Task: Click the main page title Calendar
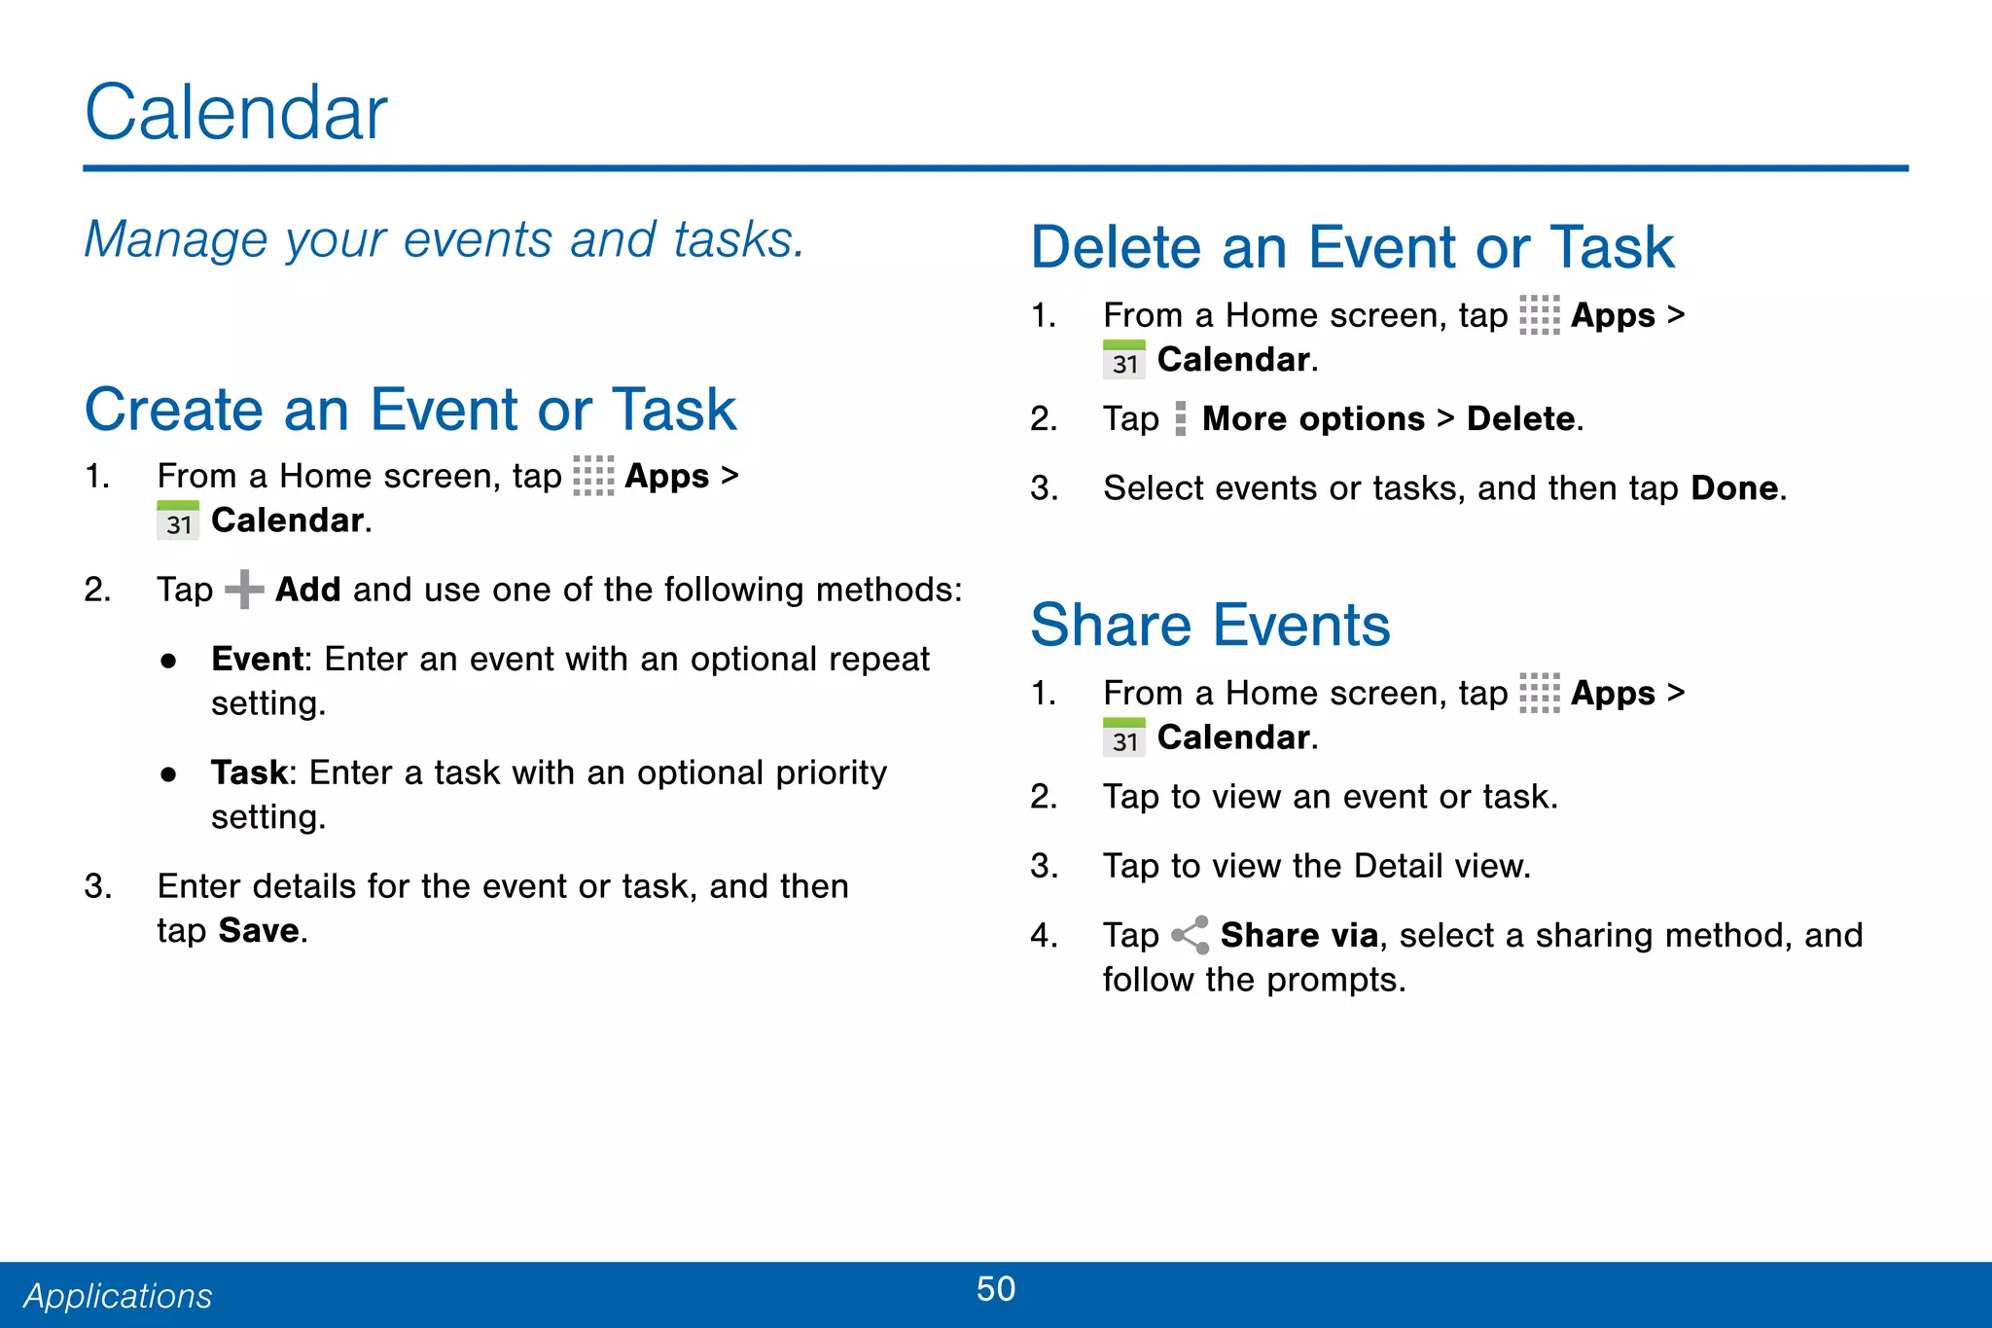(236, 113)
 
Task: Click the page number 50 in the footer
(995, 1289)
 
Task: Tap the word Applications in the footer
(118, 1296)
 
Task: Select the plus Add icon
(244, 590)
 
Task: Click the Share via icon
(1190, 935)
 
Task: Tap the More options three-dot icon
(1180, 419)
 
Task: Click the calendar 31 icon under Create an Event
(178, 520)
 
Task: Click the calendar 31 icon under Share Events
(1124, 737)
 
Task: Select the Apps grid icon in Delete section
(1539, 315)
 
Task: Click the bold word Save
(259, 931)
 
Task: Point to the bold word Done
(1734, 488)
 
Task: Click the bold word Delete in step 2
(1520, 419)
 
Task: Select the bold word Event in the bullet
(257, 660)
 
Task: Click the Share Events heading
(1210, 625)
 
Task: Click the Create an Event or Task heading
(410, 410)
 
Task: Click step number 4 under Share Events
(1043, 936)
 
